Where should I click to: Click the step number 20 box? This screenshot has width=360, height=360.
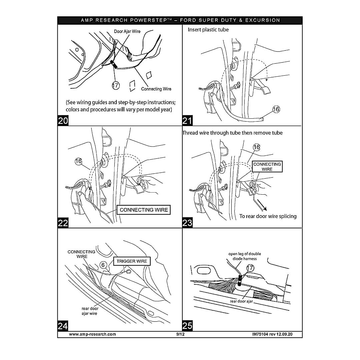pyautogui.click(x=63, y=121)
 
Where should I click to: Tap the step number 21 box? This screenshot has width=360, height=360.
pyautogui.click(x=187, y=121)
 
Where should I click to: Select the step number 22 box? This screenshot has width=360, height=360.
pyautogui.click(x=63, y=223)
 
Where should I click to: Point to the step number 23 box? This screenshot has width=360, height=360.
pyautogui.click(x=187, y=223)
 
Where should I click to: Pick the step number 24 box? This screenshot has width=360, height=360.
pyautogui.click(x=63, y=326)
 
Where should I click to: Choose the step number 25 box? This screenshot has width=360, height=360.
pyautogui.click(x=187, y=326)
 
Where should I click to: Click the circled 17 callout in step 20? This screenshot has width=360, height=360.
pyautogui.click(x=115, y=85)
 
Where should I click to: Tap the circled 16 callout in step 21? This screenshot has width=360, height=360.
pyautogui.click(x=276, y=109)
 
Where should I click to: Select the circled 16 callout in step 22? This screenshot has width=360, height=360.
pyautogui.click(x=78, y=161)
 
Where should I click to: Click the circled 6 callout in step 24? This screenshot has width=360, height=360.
pyautogui.click(x=104, y=265)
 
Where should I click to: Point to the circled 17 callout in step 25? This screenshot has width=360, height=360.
pyautogui.click(x=250, y=268)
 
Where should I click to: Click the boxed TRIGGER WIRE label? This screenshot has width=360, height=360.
pyautogui.click(x=132, y=261)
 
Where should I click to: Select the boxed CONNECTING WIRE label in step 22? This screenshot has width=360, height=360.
pyautogui.click(x=144, y=210)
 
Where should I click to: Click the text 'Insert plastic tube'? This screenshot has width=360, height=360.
pyautogui.click(x=208, y=30)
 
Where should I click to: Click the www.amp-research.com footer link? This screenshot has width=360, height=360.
pyautogui.click(x=92, y=334)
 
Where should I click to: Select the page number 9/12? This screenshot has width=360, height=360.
pyautogui.click(x=180, y=334)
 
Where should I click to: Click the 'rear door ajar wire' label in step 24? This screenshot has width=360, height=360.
pyautogui.click(x=90, y=311)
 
